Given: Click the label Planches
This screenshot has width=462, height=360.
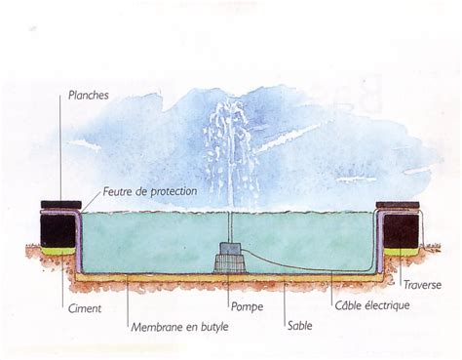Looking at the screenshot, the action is pos(89,96).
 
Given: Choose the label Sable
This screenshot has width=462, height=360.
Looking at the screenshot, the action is pos(300,326).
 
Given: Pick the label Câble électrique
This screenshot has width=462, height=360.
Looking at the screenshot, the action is pos(369,305).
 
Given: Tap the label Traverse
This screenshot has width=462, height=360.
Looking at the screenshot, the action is pos(422,285).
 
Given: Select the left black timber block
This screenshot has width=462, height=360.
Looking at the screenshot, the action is pos(58,230).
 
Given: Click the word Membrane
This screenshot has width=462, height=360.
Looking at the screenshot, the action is pos(156,326).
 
